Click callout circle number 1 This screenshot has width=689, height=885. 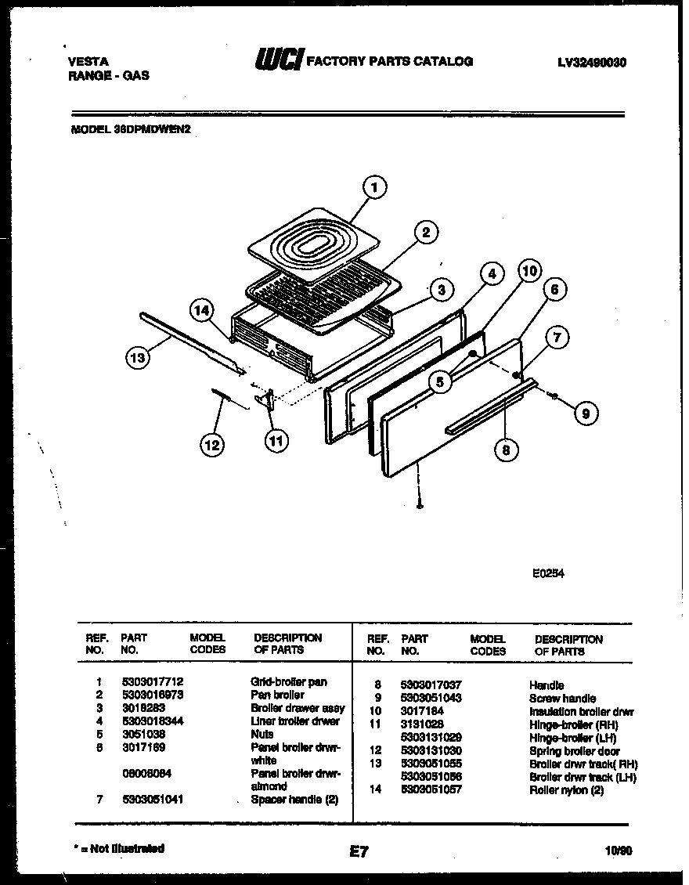[375, 187]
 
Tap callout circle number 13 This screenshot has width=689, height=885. [138, 359]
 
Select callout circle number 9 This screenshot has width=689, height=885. [585, 414]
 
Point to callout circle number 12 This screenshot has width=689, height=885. [211, 445]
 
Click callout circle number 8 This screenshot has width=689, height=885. [507, 450]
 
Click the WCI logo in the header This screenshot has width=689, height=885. [278, 60]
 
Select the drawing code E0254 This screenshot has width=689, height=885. [548, 573]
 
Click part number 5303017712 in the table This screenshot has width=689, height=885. [152, 682]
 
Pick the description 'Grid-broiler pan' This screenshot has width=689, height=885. [288, 682]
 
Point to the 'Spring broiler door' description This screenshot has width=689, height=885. [574, 751]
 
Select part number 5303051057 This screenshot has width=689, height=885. [431, 789]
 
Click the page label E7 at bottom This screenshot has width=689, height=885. [359, 852]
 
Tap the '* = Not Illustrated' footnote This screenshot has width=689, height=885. [117, 848]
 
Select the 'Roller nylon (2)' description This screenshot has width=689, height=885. [566, 789]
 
